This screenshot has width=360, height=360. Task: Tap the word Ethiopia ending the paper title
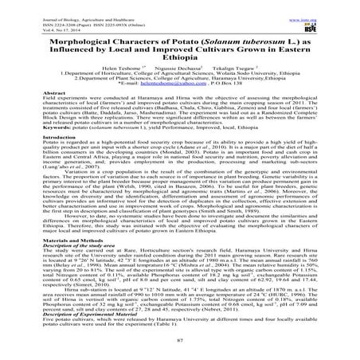pyautogui.click(x=180, y=63)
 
